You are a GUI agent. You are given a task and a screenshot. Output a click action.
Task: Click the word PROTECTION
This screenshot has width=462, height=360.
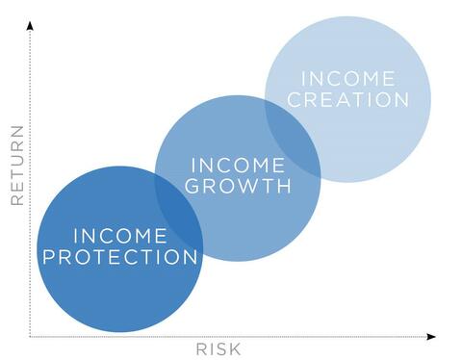point(120,257)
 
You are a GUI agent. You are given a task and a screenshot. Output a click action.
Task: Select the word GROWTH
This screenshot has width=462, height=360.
point(238,186)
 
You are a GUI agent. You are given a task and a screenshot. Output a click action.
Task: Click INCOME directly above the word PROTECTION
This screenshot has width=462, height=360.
point(120,236)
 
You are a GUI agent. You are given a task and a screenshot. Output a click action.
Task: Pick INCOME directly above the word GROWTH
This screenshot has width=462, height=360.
point(238,165)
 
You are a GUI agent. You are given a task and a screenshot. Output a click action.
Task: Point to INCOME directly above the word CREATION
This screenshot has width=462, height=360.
point(347,78)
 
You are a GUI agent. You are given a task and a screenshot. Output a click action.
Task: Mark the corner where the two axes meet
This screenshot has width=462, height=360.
point(30,336)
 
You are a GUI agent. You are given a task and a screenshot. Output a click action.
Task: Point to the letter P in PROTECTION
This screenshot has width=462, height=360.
point(49,257)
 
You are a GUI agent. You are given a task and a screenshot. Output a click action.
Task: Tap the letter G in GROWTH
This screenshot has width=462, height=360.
point(192,186)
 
